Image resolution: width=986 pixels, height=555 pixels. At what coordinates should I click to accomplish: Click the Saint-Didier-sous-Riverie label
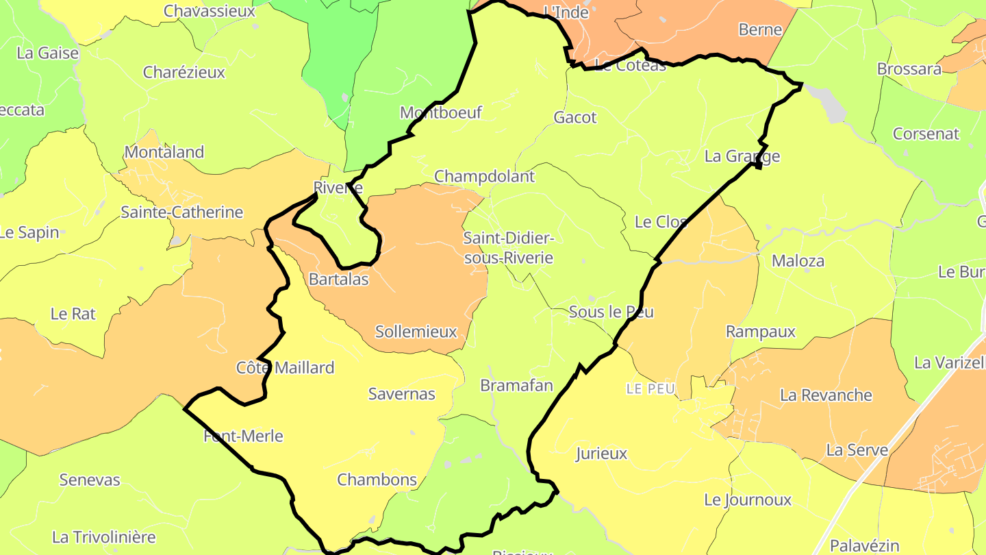(508, 248)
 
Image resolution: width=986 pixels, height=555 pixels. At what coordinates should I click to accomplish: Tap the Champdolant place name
(484, 176)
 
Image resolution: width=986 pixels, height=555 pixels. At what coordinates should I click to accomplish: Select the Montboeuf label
(441, 112)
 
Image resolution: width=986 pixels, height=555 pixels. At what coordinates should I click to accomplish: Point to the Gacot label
(575, 117)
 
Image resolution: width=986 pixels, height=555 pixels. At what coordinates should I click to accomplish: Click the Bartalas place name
(338, 279)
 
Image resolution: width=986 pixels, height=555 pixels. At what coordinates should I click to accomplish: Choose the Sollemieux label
(416, 332)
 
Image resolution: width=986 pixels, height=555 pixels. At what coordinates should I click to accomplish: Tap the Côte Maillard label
(286, 367)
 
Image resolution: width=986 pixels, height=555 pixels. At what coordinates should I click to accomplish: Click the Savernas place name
(402, 393)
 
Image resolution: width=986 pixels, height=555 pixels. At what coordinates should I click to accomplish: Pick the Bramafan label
(516, 385)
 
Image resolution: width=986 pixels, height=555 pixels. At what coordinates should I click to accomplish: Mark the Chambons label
(377, 480)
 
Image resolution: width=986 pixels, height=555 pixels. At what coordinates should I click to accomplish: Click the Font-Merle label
(243, 436)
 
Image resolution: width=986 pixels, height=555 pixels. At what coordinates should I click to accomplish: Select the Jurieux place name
(601, 453)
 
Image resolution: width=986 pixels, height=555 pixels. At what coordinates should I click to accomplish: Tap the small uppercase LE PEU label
(650, 388)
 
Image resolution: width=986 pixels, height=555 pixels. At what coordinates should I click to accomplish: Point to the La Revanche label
(826, 395)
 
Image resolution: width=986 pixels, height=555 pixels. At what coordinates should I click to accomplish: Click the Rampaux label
(761, 332)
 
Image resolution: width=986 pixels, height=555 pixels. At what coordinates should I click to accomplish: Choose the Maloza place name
(798, 260)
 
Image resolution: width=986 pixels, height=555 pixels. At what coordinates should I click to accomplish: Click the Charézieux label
(184, 72)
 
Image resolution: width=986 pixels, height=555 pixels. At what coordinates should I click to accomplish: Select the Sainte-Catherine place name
(181, 212)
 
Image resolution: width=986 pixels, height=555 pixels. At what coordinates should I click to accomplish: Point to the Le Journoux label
(748, 500)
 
